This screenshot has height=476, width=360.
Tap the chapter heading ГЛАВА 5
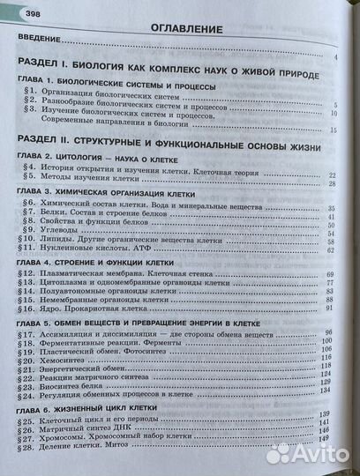(133, 324)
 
